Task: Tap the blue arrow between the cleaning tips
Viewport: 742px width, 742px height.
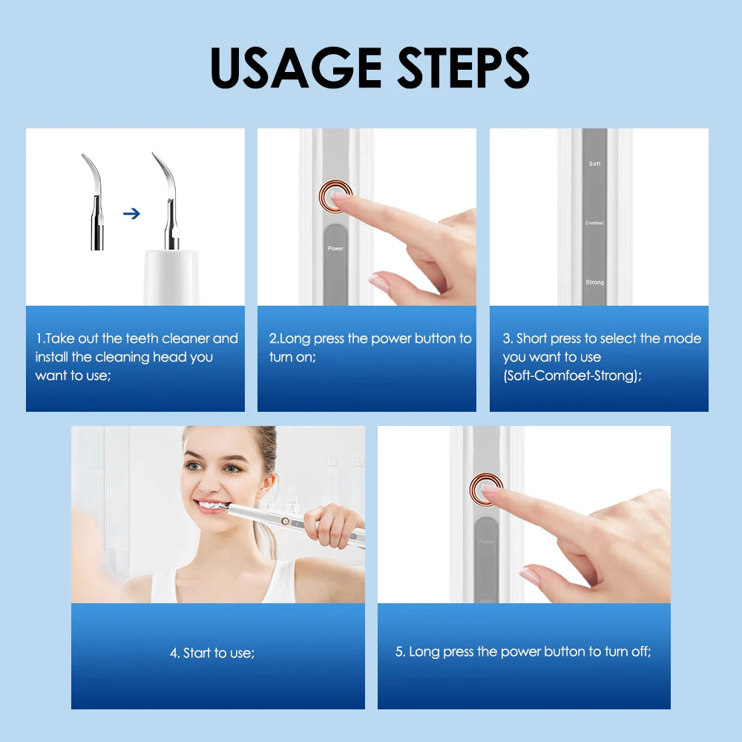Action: tap(131, 214)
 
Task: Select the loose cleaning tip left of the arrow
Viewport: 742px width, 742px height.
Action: tap(94, 204)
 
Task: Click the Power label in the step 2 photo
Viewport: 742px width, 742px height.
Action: tap(335, 248)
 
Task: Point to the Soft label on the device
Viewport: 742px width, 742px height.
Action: tap(594, 163)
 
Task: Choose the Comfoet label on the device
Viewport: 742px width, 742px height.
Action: tap(594, 223)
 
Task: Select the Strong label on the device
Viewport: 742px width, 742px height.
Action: tap(594, 282)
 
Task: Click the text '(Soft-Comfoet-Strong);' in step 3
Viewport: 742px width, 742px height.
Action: tap(572, 375)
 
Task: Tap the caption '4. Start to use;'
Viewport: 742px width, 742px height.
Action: tap(212, 653)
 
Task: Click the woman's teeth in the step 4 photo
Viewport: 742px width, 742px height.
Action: tap(210, 507)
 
